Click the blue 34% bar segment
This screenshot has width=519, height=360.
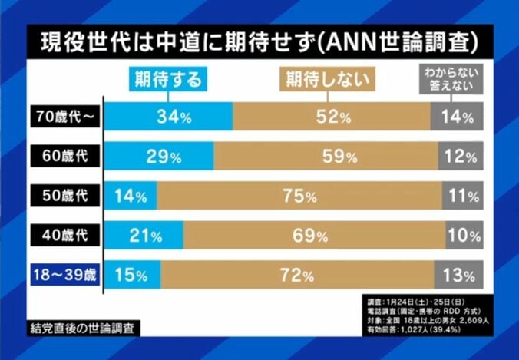click(168, 117)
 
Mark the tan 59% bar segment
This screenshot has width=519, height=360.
click(326, 157)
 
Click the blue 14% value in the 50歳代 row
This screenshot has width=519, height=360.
click(131, 196)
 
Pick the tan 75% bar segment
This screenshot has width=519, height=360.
click(299, 196)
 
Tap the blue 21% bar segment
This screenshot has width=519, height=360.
click(144, 235)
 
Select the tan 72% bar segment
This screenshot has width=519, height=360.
click(297, 274)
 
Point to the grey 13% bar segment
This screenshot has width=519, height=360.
click(459, 274)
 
